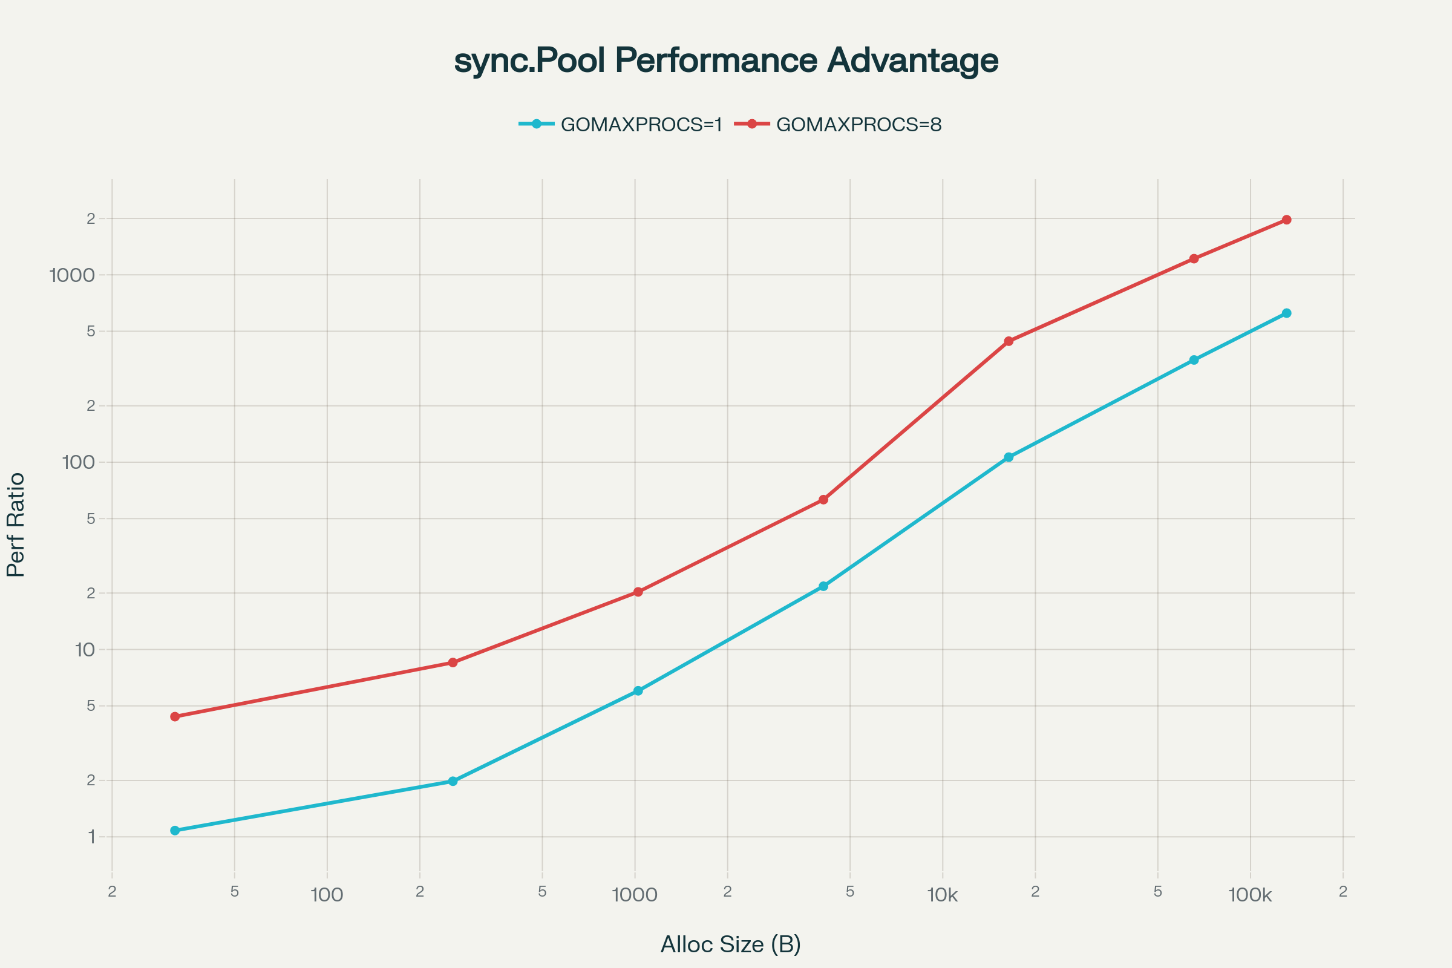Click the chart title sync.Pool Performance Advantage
point(726,60)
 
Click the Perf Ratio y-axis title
point(16,525)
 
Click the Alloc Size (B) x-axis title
point(730,944)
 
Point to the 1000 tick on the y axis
point(72,275)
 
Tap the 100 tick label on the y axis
point(79,462)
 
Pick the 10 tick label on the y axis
point(85,649)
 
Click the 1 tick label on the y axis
point(91,837)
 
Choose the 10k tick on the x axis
point(942,895)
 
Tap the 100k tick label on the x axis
point(1249,895)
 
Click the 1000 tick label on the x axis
point(635,895)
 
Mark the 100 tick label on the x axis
point(327,895)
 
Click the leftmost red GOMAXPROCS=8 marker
point(175,717)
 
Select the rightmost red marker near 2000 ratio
point(1287,220)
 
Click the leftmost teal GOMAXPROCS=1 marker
point(175,830)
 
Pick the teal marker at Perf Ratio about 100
point(1009,457)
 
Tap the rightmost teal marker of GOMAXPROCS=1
point(1287,313)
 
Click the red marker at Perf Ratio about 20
point(638,592)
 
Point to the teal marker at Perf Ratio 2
point(453,781)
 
